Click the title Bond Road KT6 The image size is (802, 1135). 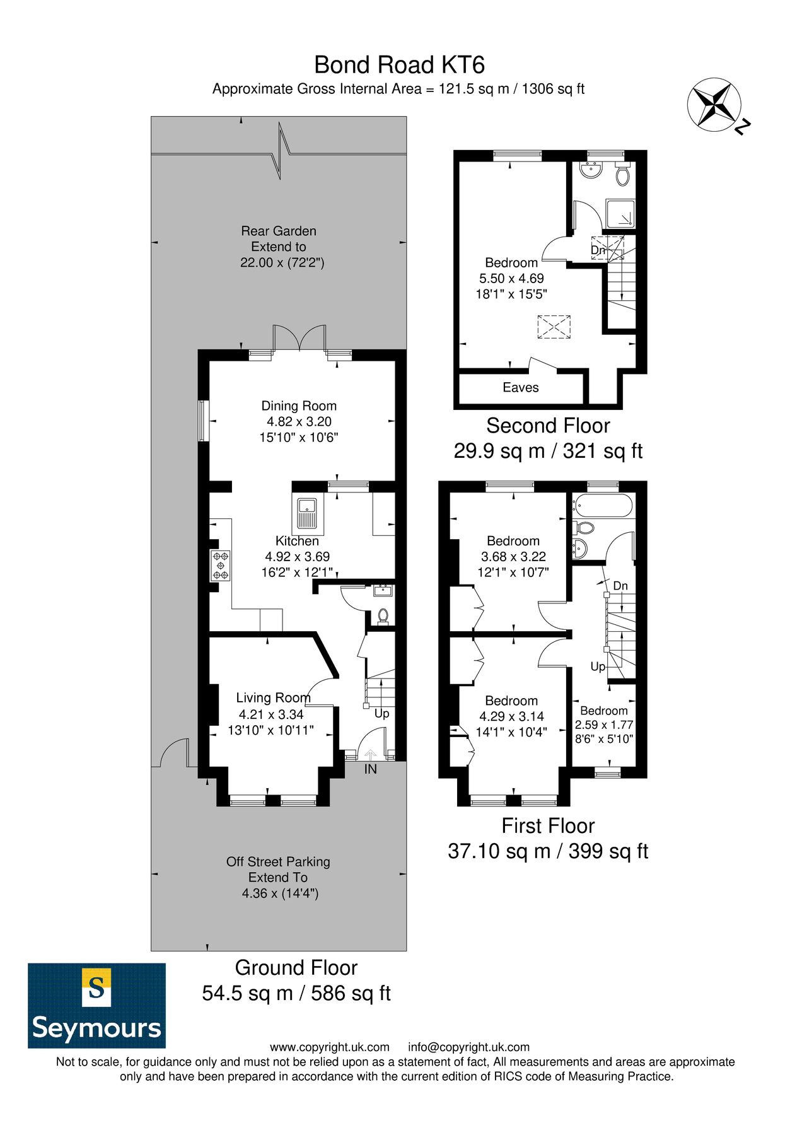399,65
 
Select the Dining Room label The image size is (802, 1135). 299,406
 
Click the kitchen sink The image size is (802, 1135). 307,512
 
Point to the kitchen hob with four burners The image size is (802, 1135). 220,566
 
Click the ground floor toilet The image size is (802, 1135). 382,615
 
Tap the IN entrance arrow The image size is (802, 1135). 370,755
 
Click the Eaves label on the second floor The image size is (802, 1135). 520,388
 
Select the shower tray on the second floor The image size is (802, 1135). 620,214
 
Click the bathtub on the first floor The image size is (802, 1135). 601,505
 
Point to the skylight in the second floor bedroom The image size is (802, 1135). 554,327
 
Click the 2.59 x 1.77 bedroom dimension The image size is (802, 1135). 603,725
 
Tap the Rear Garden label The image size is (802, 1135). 278,231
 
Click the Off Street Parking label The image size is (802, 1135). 278,861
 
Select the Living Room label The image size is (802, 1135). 273,698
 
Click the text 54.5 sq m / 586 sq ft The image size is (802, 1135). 296,993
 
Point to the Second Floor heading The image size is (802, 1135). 548,426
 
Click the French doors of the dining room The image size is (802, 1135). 299,338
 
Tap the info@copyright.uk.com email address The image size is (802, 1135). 468,1047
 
